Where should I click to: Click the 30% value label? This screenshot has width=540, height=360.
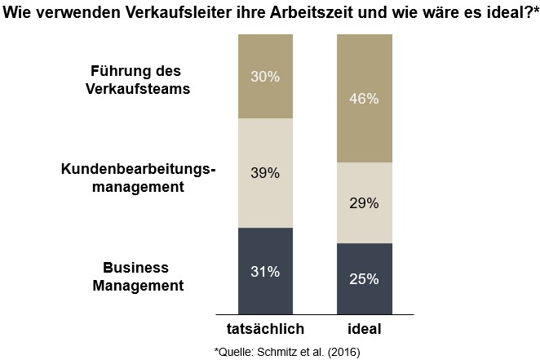(x=265, y=77)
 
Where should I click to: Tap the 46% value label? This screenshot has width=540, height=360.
(x=363, y=99)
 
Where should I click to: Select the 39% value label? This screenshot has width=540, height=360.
(x=265, y=173)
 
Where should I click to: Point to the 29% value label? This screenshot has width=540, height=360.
(x=363, y=203)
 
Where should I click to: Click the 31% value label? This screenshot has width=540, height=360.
(x=265, y=271)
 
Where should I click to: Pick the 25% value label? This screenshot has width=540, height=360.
(x=363, y=279)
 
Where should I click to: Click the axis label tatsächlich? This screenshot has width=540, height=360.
(x=265, y=329)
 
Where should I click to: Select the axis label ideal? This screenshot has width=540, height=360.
(x=363, y=329)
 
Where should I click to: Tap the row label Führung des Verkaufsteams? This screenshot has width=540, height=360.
(x=138, y=80)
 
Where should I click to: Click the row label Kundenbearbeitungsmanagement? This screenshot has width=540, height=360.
(x=137, y=177)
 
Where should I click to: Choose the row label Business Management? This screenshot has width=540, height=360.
(x=138, y=276)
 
